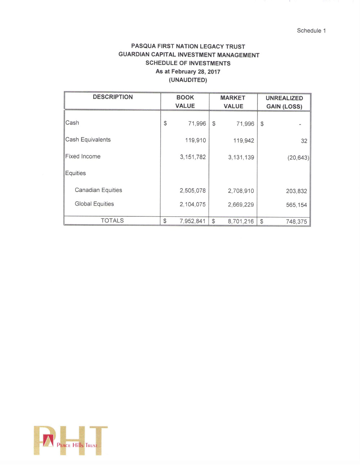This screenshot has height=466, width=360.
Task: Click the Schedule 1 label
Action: tap(311, 31)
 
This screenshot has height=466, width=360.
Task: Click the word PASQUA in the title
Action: tap(143, 46)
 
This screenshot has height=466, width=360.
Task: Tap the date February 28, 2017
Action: tap(195, 72)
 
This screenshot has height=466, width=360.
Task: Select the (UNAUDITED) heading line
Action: tap(188, 80)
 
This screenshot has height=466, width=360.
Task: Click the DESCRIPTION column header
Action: tap(113, 97)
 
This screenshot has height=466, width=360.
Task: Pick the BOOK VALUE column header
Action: tap(185, 102)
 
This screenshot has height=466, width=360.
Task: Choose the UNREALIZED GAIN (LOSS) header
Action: tap(284, 102)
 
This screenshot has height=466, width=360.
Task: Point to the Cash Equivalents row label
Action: tap(88, 140)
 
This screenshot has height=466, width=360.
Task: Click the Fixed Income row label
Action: tap(83, 156)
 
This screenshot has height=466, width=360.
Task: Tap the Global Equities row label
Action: tap(94, 204)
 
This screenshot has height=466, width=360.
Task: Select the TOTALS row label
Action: tap(112, 220)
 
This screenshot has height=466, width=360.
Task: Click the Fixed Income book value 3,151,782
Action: tap(193, 157)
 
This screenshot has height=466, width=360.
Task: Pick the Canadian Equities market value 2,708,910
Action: tap(241, 191)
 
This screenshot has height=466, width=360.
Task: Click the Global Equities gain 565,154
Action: tap(296, 205)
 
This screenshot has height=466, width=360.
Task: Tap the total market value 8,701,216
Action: tap(240, 221)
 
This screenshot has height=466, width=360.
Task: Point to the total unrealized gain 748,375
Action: tap(296, 221)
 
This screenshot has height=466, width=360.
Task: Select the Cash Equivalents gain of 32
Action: tap(304, 141)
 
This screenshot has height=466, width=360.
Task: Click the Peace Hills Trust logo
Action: tap(71, 441)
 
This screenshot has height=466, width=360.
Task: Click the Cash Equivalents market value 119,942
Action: tap(243, 140)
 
